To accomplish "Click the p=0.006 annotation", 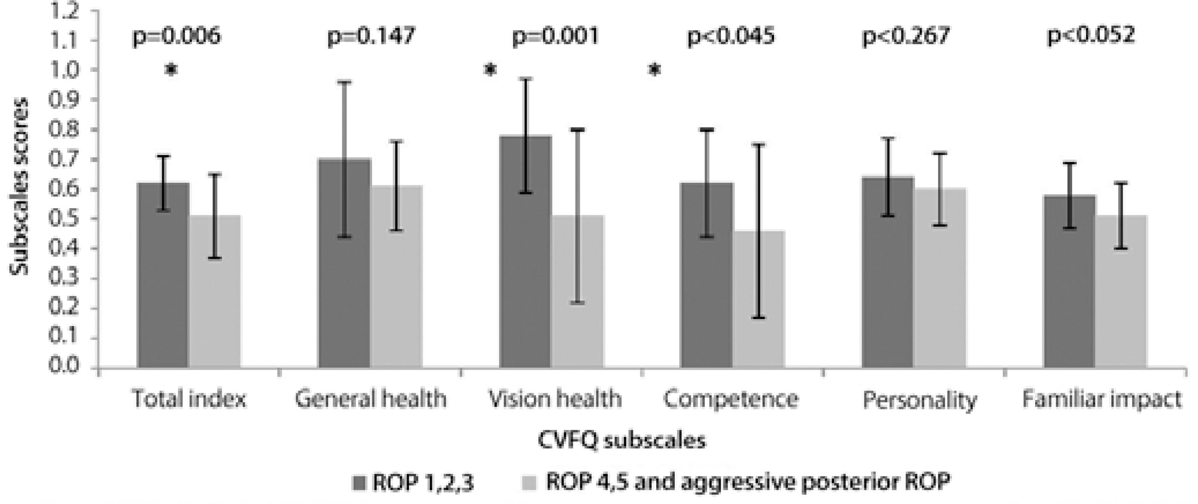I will click(x=177, y=36).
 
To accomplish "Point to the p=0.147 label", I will click(x=371, y=36).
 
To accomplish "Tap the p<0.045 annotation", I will click(x=731, y=36).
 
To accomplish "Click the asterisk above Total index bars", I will click(x=171, y=70).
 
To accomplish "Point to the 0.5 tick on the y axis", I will click(x=65, y=219).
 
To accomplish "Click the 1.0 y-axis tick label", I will click(x=65, y=70).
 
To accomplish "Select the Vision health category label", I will click(x=554, y=399).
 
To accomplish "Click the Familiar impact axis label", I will click(x=1101, y=399).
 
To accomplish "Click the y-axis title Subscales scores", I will click(x=20, y=186).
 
